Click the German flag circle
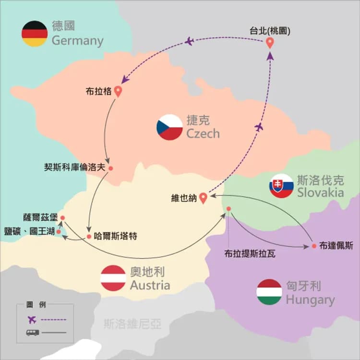tap(35, 34)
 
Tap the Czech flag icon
tap(169, 127)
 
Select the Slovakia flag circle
tap(281, 186)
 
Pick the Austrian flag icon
tap(113, 278)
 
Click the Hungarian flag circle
tap(269, 292)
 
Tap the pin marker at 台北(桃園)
tap(270, 43)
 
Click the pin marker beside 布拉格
tap(118, 91)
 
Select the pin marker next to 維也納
tap(203, 198)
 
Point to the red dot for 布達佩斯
tap(314, 246)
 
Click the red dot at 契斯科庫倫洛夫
tap(111, 168)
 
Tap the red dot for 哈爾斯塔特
tap(89, 237)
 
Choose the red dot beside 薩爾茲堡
tap(62, 218)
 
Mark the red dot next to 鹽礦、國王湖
tap(59, 232)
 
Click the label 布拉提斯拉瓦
tap(250, 254)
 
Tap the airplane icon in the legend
tap(32, 319)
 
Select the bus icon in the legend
tap(33, 333)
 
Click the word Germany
tap(78, 41)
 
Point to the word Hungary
tap(311, 300)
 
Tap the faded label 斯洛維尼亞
tap(132, 324)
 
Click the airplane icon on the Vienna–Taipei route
tap(259, 127)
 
